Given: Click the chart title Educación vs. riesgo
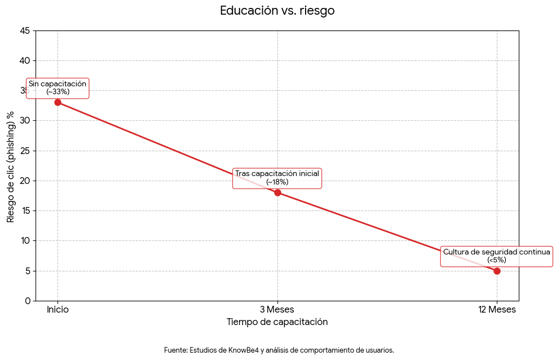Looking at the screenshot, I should pos(277,11).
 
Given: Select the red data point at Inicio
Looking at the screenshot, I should pos(58,102).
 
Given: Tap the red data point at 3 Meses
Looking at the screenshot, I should pos(277,192).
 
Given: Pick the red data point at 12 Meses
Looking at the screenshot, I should pos(497,271).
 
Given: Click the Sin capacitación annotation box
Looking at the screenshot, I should pos(58,87).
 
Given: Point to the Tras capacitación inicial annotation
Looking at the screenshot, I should pos(277,178).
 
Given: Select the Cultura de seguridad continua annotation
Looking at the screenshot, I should pos(497,256).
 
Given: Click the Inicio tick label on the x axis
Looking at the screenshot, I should pos(58,309).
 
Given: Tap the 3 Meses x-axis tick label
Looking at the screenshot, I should pos(277,309).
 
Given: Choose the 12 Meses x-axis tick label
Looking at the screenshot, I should pos(497,309).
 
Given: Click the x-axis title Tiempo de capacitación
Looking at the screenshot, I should pos(277,322).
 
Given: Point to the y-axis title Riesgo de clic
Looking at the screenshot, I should pos(11,166).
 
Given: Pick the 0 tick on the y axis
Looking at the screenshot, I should pos(28,301).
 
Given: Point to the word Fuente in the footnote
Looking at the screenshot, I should pos(175,350).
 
